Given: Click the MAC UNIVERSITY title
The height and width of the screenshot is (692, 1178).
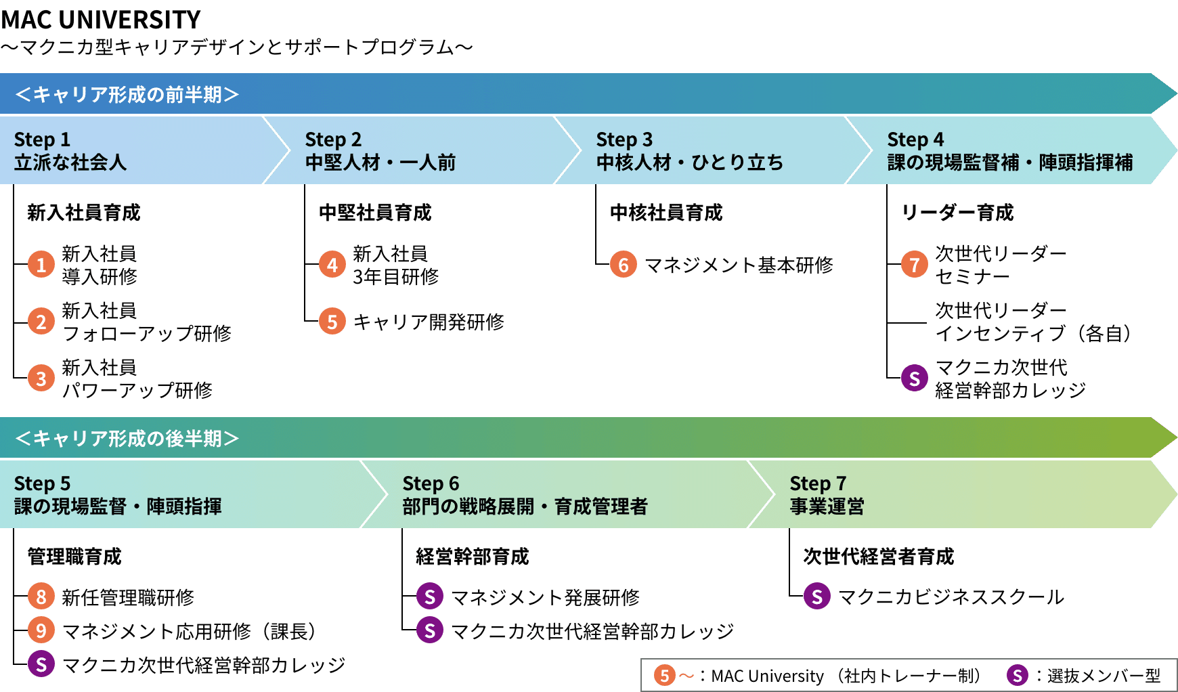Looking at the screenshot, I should coord(101,20).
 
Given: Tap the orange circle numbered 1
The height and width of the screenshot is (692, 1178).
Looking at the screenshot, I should coord(41,264).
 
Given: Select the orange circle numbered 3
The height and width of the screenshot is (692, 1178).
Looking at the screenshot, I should coord(41,378).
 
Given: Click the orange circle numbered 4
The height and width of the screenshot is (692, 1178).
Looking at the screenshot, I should coord(332,264).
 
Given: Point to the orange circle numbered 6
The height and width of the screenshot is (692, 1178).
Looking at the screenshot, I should coord(624,264).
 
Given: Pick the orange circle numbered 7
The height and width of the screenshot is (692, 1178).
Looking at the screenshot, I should coord(915,264).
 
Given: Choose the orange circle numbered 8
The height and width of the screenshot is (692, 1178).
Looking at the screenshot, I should coord(41,597).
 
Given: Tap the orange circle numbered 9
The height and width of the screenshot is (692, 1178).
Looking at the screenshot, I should coord(41,630).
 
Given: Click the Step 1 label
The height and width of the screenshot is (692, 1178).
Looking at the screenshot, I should coord(42,139).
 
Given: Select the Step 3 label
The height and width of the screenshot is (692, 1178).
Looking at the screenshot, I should coord(624,139).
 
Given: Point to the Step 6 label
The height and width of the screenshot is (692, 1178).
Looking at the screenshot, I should coord(431,483).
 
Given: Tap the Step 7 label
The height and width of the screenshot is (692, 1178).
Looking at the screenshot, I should coord(818,483).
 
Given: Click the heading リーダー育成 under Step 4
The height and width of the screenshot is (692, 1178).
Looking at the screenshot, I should coord(957,213).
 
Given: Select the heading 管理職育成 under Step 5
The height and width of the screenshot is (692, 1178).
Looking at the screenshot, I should coord(74,557).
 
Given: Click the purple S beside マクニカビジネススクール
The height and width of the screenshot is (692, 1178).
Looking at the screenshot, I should coord(817,597).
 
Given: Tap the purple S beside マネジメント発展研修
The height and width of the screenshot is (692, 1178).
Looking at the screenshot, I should coord(430,597).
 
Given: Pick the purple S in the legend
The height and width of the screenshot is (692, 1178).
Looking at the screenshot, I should coord(1017,675).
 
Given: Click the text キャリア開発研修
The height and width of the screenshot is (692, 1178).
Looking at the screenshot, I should coord(429,322).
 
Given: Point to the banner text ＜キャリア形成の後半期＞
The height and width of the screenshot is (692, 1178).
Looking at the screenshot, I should coord(127,438).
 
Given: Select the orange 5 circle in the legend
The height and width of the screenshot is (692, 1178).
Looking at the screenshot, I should coord(665,675).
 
